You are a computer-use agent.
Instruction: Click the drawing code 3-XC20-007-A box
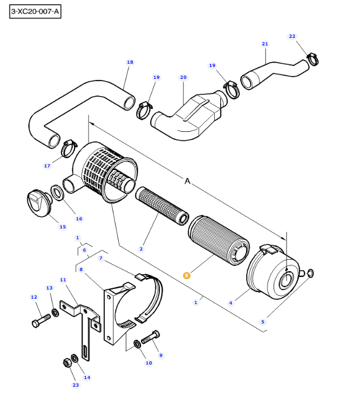(x=35, y=11)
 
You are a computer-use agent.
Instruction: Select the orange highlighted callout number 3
(x=187, y=275)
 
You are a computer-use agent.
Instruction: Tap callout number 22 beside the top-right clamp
(x=292, y=36)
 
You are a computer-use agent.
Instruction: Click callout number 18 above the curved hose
(x=130, y=62)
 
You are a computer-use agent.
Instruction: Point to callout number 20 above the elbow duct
(x=183, y=77)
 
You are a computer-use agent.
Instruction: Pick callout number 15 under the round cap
(x=63, y=227)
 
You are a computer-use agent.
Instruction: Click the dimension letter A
(x=188, y=182)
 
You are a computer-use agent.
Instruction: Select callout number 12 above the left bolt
(x=33, y=297)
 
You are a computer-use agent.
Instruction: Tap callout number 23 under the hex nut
(x=76, y=385)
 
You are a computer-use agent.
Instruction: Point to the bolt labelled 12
(x=39, y=321)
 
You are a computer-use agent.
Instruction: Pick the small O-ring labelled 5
(x=309, y=273)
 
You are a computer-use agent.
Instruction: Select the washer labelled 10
(x=137, y=344)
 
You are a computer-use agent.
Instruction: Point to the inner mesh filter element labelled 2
(x=162, y=205)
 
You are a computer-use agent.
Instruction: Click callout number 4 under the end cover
(x=230, y=303)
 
